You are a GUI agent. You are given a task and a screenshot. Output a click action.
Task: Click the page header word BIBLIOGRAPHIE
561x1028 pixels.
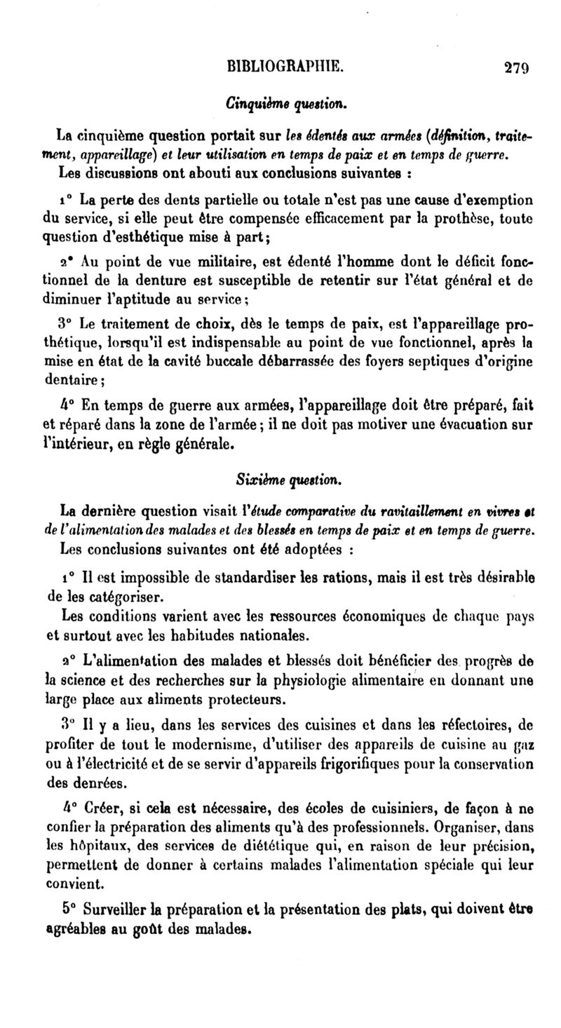[283, 67]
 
